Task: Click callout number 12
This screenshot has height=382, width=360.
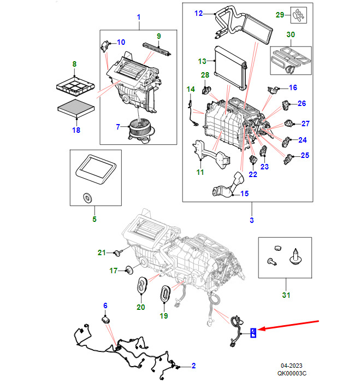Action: (x=198, y=13)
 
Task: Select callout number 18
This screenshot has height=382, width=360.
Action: (x=76, y=130)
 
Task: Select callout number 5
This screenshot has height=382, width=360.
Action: (x=94, y=219)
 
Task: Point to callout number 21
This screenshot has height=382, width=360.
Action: (x=101, y=252)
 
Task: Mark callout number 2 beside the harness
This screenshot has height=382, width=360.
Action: (x=193, y=365)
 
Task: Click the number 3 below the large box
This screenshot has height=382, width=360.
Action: (x=252, y=220)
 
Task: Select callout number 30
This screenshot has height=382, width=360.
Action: (x=291, y=34)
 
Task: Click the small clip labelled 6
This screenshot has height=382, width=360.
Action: (x=107, y=319)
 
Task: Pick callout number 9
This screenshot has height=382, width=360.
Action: (x=158, y=37)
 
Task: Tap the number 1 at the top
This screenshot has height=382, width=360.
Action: (x=138, y=17)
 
